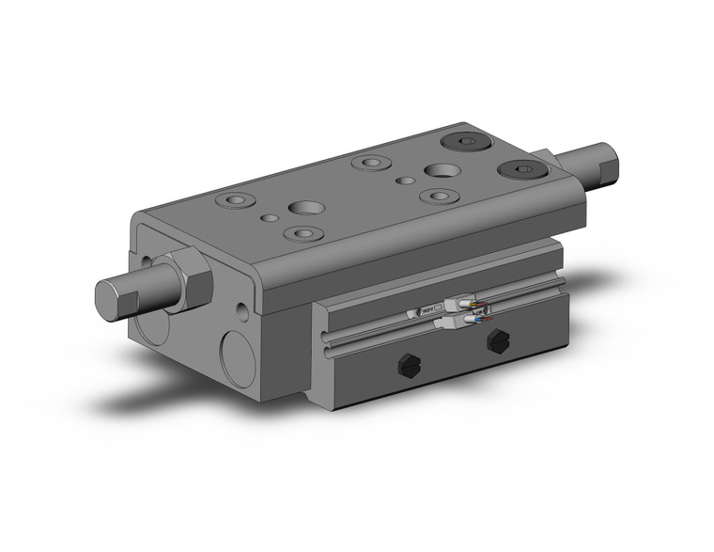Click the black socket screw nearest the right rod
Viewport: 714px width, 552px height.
tap(521, 170)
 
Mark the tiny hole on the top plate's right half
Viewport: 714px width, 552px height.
tap(406, 179)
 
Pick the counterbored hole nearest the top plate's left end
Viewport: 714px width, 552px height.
tap(235, 200)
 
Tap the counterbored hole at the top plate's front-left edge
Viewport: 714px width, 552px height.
tap(302, 233)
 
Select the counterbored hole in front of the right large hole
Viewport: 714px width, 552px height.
tap(437, 196)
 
